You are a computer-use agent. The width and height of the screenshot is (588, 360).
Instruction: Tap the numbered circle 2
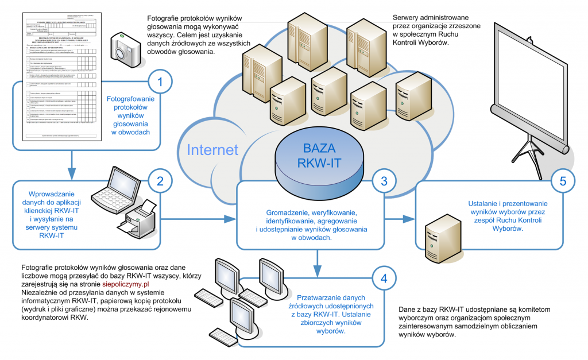160,181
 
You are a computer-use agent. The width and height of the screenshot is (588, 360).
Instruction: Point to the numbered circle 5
563,181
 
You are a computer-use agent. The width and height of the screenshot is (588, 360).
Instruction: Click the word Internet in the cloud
212,150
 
